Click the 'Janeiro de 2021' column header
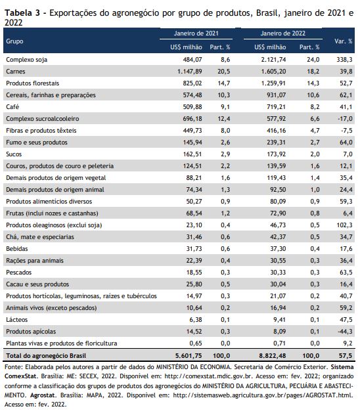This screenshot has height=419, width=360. [x=196, y=33]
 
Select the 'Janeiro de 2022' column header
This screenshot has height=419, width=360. [x=282, y=33]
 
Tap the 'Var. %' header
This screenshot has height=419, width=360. [x=343, y=41]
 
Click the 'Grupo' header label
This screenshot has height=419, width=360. [x=14, y=41]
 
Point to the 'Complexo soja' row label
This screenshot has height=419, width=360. [x=26, y=60]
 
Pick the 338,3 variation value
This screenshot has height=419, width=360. [x=344, y=60]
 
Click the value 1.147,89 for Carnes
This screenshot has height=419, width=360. [x=189, y=72]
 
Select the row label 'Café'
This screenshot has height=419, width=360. [x=12, y=107]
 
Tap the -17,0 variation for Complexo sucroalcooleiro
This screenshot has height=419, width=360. [x=345, y=119]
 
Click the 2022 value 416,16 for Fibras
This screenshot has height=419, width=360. [x=276, y=131]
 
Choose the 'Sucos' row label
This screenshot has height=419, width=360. [x=14, y=154]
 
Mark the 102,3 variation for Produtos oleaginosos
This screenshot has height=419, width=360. [x=344, y=225]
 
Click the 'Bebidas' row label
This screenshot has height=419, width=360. [x=17, y=249]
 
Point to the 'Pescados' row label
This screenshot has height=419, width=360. [x=18, y=273]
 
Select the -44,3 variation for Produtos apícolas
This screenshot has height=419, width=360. [x=345, y=332]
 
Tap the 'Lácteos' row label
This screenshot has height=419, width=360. [x=16, y=320]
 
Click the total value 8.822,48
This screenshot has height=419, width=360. [x=273, y=356]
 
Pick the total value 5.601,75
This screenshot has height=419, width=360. [x=189, y=356]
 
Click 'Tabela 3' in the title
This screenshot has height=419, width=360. [x=22, y=13]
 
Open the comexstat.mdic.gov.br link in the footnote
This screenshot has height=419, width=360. [x=208, y=376]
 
